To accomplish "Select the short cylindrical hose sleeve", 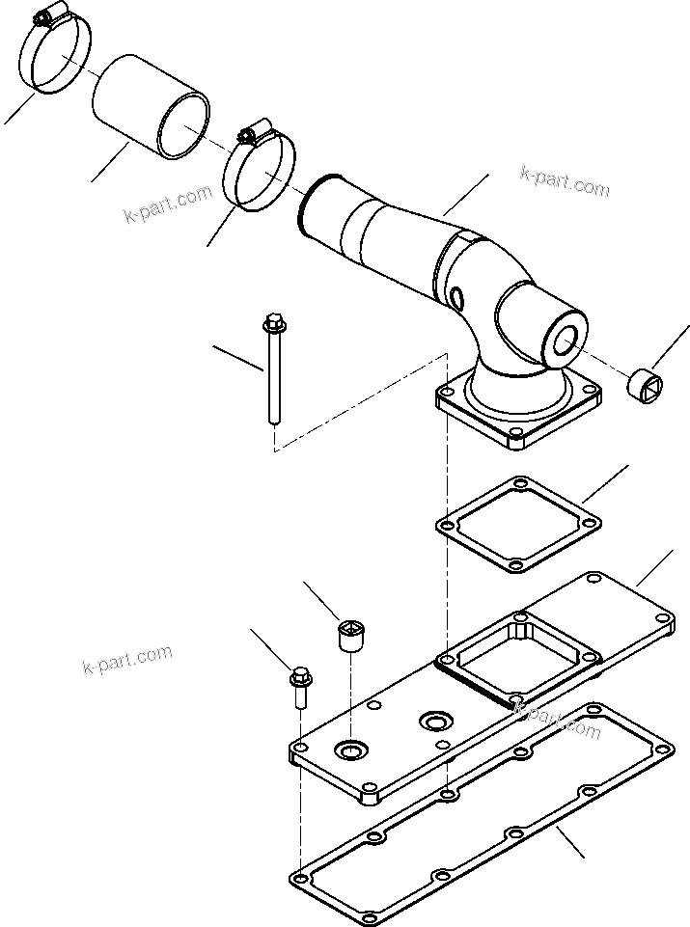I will tap(151, 106).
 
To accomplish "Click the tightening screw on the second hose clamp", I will tap(256, 129).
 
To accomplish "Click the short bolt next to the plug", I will tap(299, 691).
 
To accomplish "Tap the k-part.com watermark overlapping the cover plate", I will tap(558, 720).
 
